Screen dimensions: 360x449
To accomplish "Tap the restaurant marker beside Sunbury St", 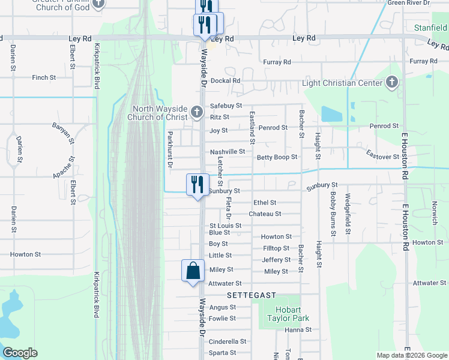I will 197,185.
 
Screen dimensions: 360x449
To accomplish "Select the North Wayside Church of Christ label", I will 158,113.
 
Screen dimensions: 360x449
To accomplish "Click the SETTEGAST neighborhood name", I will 251,295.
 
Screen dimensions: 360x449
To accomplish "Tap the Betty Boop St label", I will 277,157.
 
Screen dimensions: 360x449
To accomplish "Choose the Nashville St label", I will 227,152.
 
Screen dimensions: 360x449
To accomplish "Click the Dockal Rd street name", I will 226,80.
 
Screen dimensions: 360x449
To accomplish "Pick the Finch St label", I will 44,77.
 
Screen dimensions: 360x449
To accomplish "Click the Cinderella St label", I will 228,341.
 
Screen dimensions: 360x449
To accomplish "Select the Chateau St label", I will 265,214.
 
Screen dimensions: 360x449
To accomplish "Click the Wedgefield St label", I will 348,214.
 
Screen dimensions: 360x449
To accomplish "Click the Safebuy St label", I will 226,106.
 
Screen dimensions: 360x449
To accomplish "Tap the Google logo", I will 20,353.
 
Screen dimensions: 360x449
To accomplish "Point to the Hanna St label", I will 298,329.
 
